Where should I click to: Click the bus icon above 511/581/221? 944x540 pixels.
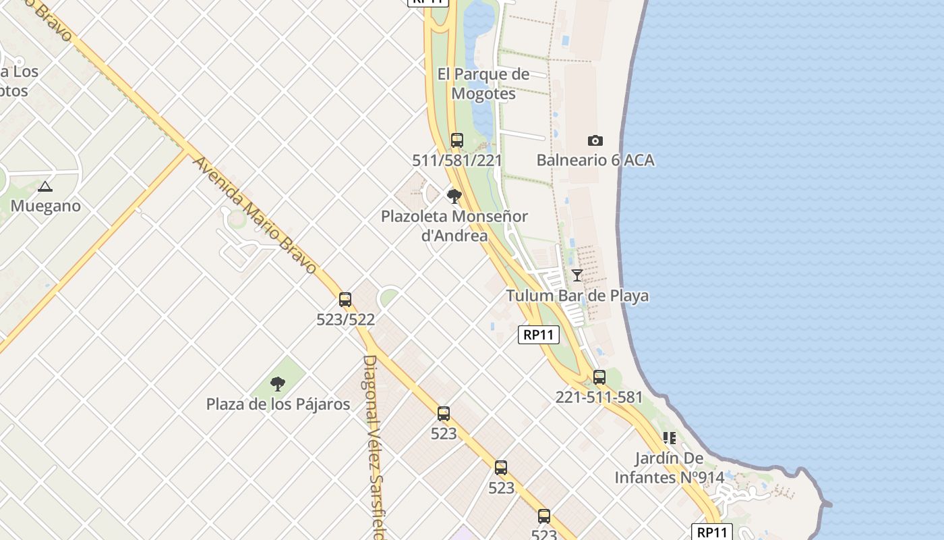(457, 140)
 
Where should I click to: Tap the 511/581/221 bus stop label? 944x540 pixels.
(457, 161)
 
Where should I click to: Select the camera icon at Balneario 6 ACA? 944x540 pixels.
(595, 140)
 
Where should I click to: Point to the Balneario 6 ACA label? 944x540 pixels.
(595, 161)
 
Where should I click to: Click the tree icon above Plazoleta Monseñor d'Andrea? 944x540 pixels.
(454, 196)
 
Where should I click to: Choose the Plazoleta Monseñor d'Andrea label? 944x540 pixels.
(454, 226)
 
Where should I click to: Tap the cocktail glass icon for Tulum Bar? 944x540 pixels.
(577, 275)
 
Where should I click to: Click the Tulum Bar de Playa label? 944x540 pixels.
(577, 296)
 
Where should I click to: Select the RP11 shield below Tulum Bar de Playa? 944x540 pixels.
(539, 335)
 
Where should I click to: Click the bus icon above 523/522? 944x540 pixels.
(345, 300)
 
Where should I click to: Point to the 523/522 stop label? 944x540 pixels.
(345, 319)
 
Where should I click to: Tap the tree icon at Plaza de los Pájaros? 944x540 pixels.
(277, 385)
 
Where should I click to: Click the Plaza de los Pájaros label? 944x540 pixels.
(278, 404)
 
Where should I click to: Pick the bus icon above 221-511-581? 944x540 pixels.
(599, 377)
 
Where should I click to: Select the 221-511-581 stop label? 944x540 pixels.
(599, 398)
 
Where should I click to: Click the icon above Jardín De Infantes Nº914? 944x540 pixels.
(669, 438)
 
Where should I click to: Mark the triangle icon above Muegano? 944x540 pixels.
(45, 186)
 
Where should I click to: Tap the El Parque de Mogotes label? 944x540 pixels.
(483, 84)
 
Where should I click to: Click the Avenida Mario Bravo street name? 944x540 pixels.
(254, 215)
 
